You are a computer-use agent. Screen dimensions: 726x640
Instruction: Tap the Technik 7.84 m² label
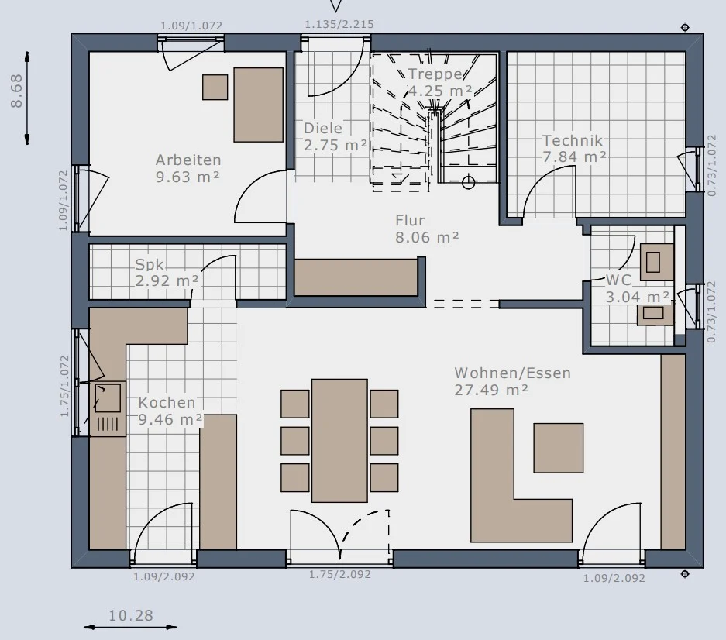coord(574,149)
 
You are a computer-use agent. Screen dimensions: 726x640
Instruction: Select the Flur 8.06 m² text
coord(427,229)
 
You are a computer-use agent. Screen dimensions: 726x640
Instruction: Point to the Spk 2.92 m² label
coord(167,272)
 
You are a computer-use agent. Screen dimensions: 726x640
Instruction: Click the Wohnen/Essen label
coord(513,373)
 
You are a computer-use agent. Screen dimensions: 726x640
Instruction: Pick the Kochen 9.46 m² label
coord(170,411)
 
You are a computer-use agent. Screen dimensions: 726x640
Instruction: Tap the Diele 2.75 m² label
coord(335,136)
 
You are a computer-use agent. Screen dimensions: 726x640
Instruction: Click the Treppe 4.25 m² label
coord(439,82)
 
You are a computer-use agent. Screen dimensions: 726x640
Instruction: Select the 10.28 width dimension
coord(131,615)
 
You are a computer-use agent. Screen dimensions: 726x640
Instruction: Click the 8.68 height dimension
coord(16,91)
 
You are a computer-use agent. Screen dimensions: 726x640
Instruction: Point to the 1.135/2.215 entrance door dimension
coord(339,24)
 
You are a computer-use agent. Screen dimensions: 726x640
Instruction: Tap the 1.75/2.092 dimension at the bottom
coord(340,574)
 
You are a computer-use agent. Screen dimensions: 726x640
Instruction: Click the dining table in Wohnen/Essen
coord(339,440)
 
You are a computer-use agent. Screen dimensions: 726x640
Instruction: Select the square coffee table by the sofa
coord(559,448)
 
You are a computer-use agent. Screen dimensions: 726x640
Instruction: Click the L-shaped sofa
coord(495,518)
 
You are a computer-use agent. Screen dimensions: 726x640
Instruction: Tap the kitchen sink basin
coord(108,397)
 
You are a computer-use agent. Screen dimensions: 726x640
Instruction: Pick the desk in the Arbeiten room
coord(258,105)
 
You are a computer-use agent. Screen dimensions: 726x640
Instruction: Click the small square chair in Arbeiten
coord(215,87)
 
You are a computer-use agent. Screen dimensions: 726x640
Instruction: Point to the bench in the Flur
coord(356,277)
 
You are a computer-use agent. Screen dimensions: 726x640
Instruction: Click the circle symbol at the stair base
coord(469,182)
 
